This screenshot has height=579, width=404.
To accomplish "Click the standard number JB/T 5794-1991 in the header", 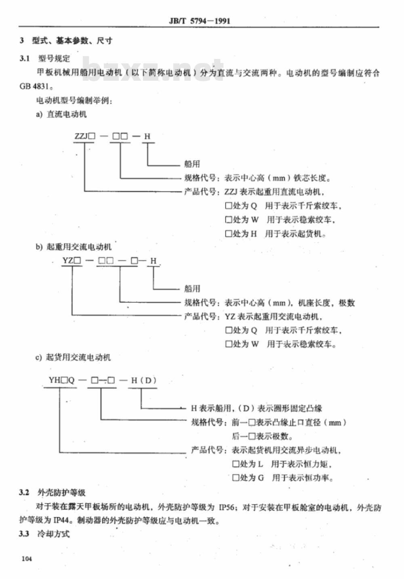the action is click(200, 21).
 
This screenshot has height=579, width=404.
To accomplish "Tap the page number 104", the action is click(27, 558).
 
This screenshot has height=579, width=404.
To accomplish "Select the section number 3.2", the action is click(24, 492).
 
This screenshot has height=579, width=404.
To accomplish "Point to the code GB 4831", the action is click(34, 86).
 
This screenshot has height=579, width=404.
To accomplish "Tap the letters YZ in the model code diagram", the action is click(68, 260).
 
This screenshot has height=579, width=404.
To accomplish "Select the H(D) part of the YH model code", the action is click(144, 380).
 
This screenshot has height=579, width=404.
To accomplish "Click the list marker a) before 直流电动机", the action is click(39, 114).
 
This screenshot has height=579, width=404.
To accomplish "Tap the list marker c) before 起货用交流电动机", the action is click(38, 357).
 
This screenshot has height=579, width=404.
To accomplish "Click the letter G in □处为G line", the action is click(261, 478).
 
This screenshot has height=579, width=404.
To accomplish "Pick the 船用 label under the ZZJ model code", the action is click(192, 164).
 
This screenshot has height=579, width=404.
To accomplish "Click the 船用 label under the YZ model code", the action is click(192, 288).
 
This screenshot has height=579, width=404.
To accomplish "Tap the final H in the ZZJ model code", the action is click(147, 136).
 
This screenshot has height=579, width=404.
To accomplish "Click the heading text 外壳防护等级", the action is click(61, 493).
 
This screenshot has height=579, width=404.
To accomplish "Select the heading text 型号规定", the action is click(54, 59).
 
